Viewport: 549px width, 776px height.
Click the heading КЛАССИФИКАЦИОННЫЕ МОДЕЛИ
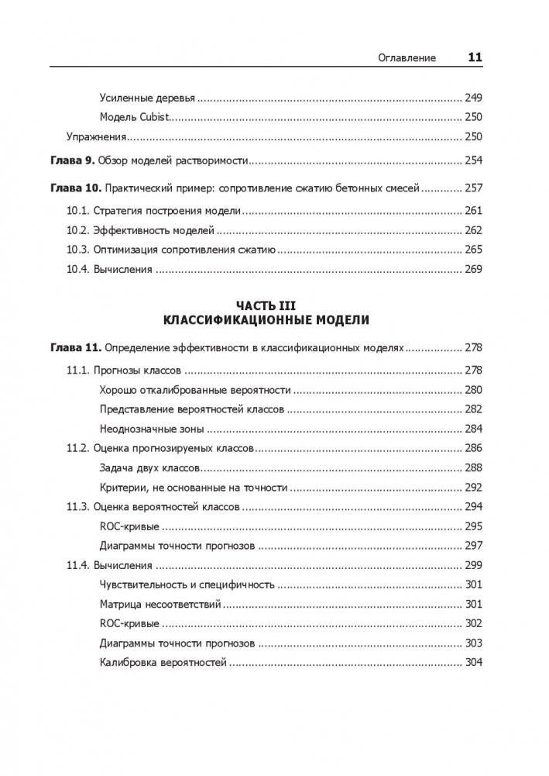(x=266, y=319)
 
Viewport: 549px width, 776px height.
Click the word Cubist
(x=153, y=117)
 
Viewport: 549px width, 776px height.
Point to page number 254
(x=472, y=160)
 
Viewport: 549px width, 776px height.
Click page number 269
(x=472, y=270)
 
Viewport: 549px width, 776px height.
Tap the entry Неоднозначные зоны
(x=152, y=428)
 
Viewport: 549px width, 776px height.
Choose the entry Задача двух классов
(x=150, y=467)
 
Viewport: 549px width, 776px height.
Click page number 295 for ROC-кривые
(x=472, y=526)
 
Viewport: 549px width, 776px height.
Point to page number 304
(x=472, y=663)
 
